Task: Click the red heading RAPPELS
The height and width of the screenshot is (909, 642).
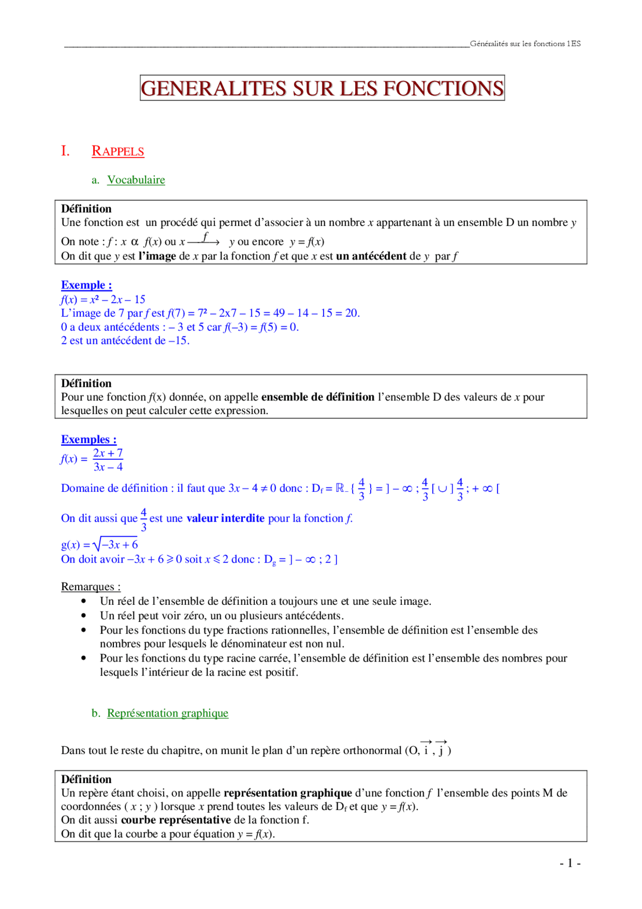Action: coord(118,151)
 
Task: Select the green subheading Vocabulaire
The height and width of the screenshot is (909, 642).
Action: coord(136,180)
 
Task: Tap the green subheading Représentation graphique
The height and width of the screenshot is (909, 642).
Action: coord(168,713)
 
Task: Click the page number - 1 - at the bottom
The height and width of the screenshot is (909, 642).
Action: coord(570,863)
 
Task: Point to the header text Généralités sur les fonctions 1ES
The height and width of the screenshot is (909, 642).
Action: coord(525,44)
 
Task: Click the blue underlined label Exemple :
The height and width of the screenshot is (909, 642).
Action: coord(86,285)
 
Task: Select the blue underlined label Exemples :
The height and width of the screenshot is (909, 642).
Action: coord(89,440)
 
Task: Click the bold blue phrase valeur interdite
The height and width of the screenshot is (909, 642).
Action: coord(225,518)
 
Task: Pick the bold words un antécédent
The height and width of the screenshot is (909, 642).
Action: coord(371,256)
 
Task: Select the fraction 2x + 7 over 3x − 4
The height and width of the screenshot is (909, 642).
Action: coord(108,460)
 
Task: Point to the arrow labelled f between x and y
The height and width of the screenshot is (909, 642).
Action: coord(204,240)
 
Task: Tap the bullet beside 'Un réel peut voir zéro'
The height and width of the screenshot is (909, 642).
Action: coord(83,615)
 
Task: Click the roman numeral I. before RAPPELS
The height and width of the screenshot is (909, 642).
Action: coord(65,151)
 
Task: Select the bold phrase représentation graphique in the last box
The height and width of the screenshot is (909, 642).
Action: coord(288,793)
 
